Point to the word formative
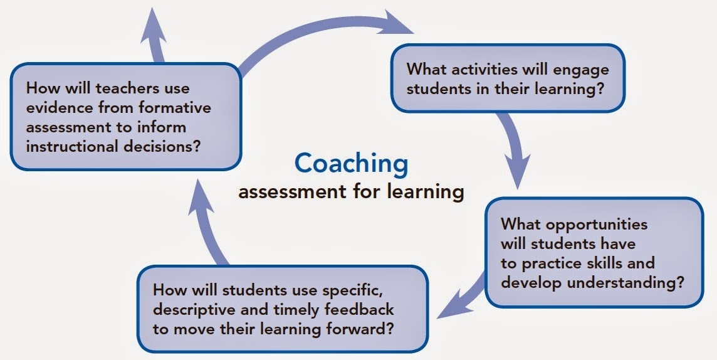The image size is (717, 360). click(x=175, y=107)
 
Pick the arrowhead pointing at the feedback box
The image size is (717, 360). click(x=451, y=307)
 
